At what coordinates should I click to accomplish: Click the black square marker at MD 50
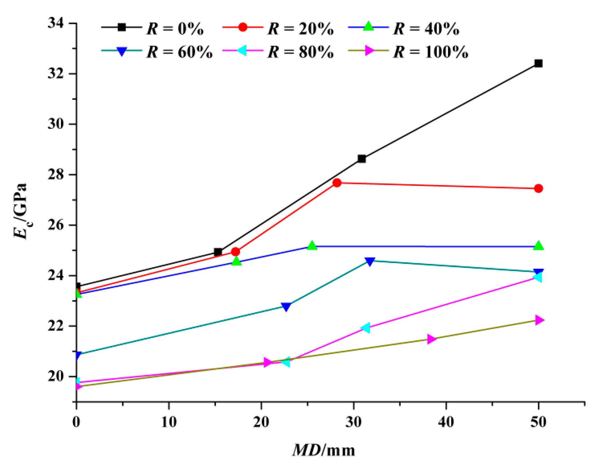(538, 63)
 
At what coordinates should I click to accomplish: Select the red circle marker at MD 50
(538, 189)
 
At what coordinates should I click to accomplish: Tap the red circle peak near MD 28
(337, 183)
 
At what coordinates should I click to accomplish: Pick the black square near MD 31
(362, 159)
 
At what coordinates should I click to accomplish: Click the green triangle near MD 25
(312, 246)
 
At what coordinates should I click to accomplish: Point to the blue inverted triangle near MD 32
(370, 261)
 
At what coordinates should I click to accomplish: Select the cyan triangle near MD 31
(366, 328)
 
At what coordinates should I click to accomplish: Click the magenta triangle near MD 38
(431, 339)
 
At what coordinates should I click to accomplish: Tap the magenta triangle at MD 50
(539, 320)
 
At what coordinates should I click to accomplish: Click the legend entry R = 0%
(175, 29)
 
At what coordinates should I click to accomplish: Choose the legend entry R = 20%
(300, 29)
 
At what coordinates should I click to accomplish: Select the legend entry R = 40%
(426, 29)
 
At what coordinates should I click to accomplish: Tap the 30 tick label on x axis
(353, 422)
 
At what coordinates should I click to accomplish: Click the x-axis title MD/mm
(324, 450)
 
